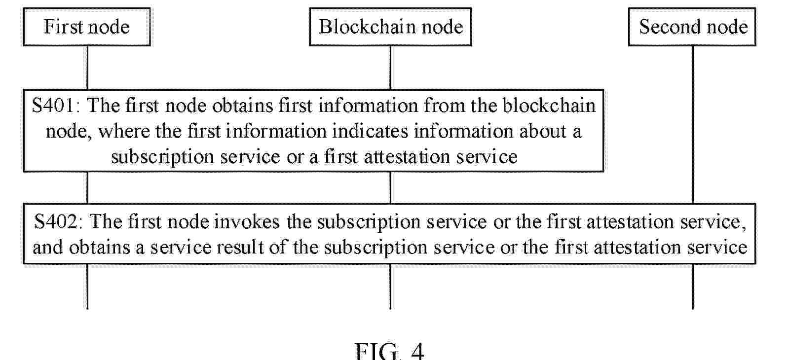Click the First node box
pyautogui.click(x=87, y=27)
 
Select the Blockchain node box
pyautogui.click(x=390, y=27)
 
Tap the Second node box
pyautogui.click(x=692, y=27)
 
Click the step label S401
pyautogui.click(x=53, y=106)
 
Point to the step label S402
pyautogui.click(x=56, y=222)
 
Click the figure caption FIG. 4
pyautogui.click(x=389, y=351)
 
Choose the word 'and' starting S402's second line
pyautogui.click(x=47, y=248)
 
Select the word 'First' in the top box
pyautogui.click(x=62, y=27)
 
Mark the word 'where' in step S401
pyautogui.click(x=124, y=131)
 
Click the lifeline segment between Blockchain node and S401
pyautogui.click(x=390, y=68)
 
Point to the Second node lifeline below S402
pyautogui.click(x=693, y=287)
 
